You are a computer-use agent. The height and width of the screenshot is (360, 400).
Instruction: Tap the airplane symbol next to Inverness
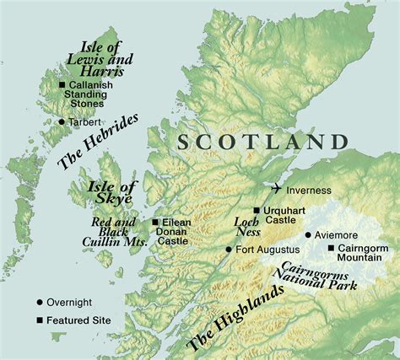point(278,188)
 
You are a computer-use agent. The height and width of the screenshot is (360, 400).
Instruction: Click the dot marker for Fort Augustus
point(229,249)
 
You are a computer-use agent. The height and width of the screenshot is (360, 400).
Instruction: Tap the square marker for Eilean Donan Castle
point(154,223)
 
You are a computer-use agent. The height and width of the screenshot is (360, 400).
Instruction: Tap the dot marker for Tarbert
point(61,121)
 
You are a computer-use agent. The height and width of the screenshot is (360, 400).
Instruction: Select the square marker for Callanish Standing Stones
point(62,85)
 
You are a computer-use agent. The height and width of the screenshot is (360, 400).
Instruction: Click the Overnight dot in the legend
point(40,302)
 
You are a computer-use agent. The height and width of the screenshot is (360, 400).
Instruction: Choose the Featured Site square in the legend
point(40,320)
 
